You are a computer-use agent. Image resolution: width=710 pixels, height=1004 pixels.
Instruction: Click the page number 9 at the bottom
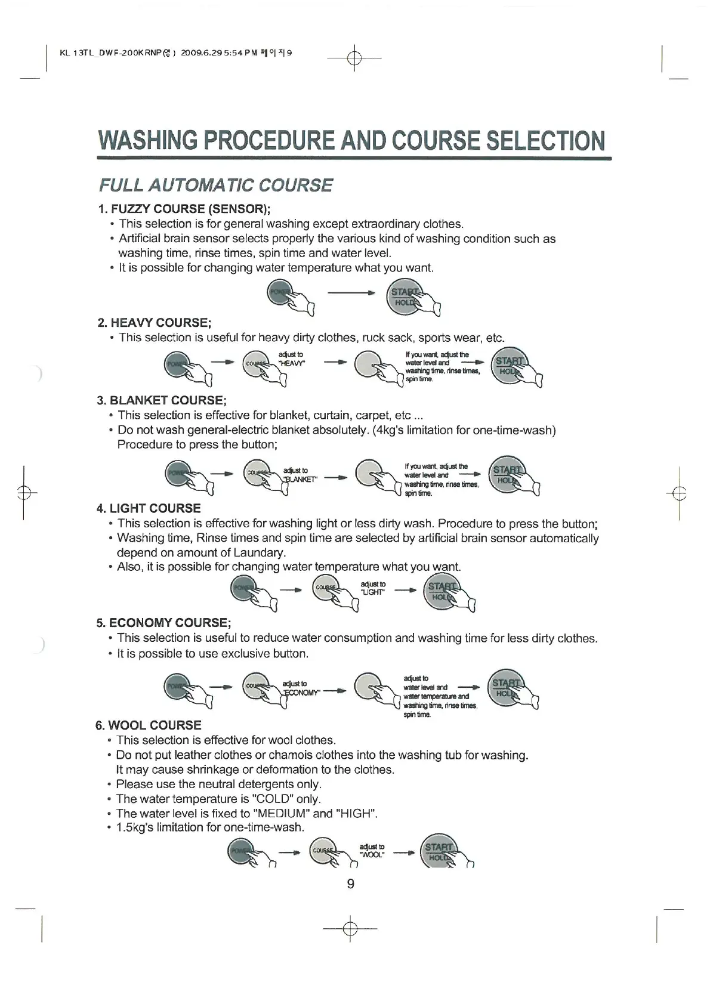350,883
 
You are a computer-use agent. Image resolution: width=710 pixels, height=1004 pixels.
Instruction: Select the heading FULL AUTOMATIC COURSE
215,185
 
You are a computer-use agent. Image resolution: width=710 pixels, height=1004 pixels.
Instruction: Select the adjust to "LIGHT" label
373,588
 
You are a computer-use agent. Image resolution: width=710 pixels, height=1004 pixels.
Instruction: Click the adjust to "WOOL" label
372,850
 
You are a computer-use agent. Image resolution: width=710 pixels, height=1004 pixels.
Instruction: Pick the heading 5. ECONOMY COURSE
163,623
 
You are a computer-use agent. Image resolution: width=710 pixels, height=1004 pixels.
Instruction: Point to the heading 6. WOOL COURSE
149,725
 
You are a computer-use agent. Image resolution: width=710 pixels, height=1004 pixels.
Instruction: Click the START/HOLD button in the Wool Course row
439,852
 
